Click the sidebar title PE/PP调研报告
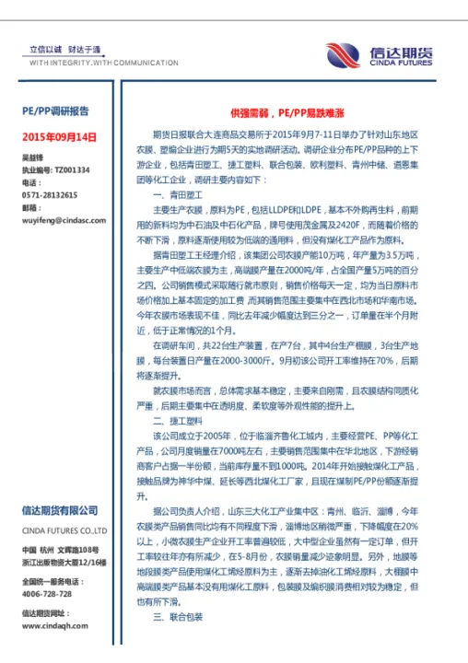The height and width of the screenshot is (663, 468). [55, 110]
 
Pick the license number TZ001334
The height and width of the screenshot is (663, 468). [73, 170]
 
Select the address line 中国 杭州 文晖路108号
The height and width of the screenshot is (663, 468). [60, 550]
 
